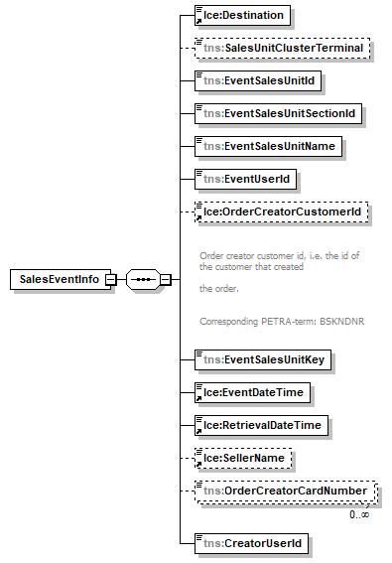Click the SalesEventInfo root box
pos(61,279)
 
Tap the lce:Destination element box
pos(242,16)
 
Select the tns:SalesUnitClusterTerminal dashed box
pos(282,48)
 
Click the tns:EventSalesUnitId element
pos(258,80)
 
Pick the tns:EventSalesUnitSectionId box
pos(278,114)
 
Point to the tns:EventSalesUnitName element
pos(268,147)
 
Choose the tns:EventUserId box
pos(245,179)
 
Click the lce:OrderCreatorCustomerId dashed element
pos(282,211)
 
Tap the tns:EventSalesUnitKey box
pos(263,359)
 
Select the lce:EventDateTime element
pos(252,392)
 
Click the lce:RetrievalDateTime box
pos(261,425)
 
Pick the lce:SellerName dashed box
pos(243,458)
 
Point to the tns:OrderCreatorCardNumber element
pos(286,492)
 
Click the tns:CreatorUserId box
pos(251,543)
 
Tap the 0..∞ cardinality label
pos(359,514)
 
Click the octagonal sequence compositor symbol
pos(143,279)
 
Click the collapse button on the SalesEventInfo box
pos(111,279)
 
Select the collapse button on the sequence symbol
pos(166,279)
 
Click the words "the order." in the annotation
pos(219,289)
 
